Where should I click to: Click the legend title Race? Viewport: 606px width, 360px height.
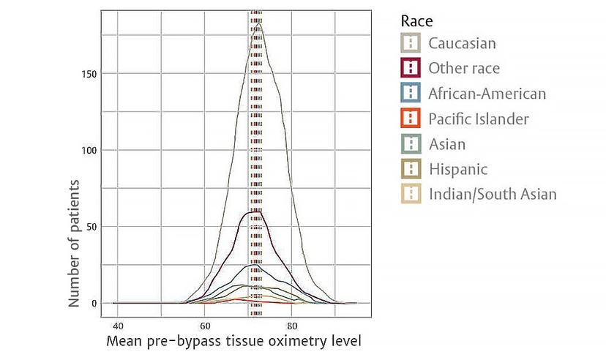[x=416, y=20]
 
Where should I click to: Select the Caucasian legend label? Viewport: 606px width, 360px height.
[x=462, y=43]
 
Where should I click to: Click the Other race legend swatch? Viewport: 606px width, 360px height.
[x=412, y=68]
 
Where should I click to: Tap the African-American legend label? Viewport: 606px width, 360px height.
[x=487, y=94]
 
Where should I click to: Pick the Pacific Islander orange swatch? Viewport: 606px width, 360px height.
[x=412, y=119]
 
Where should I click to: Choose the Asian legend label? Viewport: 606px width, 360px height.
[x=446, y=144]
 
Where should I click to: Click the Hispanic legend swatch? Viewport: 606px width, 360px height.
[x=412, y=169]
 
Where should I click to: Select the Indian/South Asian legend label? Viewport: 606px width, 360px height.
[x=493, y=195]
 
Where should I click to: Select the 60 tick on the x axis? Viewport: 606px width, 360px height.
[x=205, y=326]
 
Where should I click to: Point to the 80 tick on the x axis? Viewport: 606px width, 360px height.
[x=292, y=326]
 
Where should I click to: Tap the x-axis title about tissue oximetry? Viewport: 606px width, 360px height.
[x=234, y=342]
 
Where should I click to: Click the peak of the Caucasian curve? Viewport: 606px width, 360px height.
[x=258, y=24]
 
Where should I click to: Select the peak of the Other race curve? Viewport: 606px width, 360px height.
[x=255, y=211]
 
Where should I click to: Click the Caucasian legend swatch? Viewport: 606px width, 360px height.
[x=412, y=43]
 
